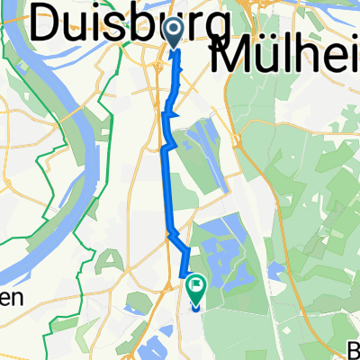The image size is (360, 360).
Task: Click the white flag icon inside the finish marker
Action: pyautogui.click(x=196, y=286)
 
